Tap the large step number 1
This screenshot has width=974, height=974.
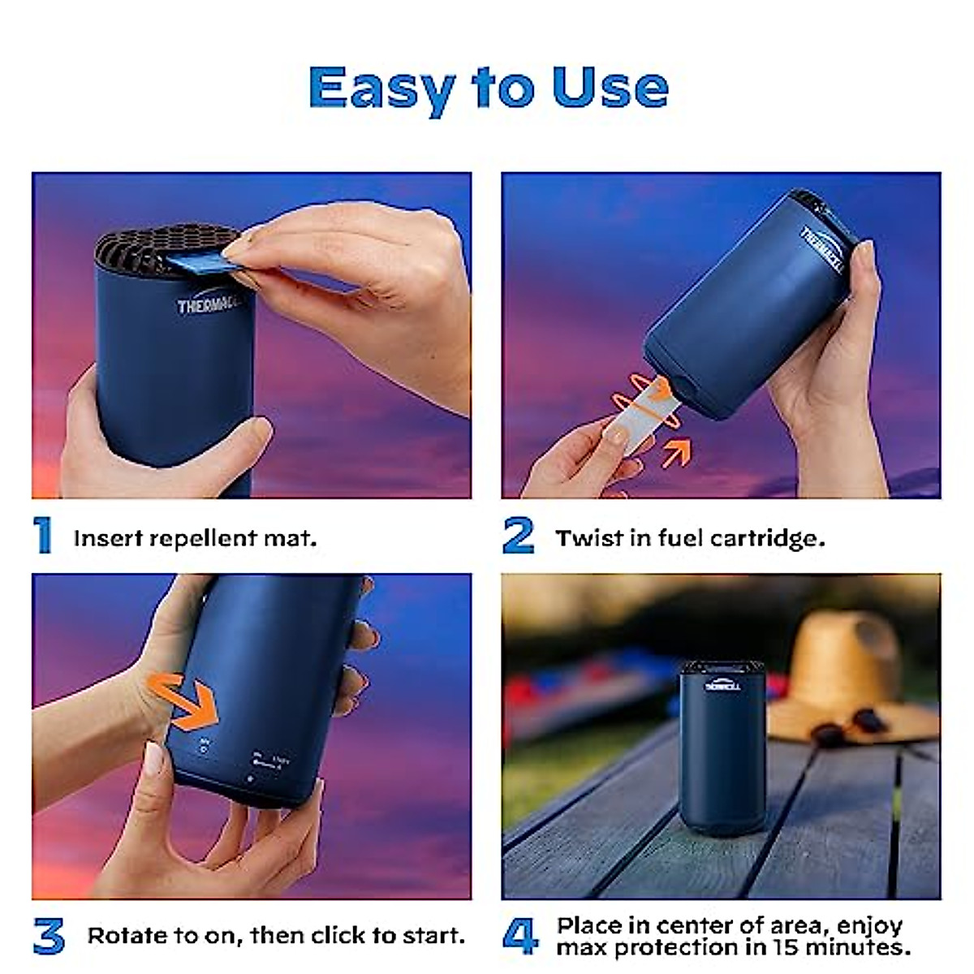click(x=43, y=537)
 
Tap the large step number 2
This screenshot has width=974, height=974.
click(x=519, y=537)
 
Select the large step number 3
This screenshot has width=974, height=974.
click(x=49, y=936)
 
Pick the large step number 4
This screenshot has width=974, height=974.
click(x=520, y=936)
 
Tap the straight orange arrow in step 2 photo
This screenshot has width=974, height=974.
click(x=677, y=452)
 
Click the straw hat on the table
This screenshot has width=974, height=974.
click(x=844, y=674)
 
